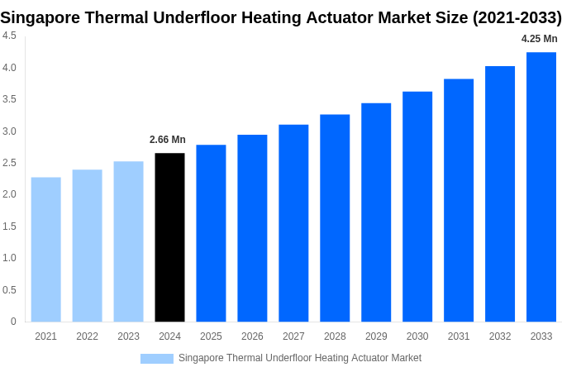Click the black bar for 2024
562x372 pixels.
pos(169,237)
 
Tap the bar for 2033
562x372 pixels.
pos(541,187)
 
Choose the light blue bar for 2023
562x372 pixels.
pos(128,241)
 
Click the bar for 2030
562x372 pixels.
pos(417,207)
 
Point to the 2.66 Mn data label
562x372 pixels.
pos(168,140)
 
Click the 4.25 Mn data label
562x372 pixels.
pos(539,39)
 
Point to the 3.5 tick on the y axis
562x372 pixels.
pos(9,99)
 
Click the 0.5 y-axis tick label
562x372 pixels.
pos(9,290)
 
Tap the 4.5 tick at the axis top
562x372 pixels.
pos(9,36)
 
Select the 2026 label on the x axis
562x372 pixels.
pos(252,336)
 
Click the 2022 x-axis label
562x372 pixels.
pos(87,336)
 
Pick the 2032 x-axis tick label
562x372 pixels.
pos(500,336)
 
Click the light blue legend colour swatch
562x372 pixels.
pos(157,358)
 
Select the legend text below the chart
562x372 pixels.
pos(299,358)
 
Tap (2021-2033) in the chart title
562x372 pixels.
pos(517,17)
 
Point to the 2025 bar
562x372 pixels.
pos(211,233)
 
